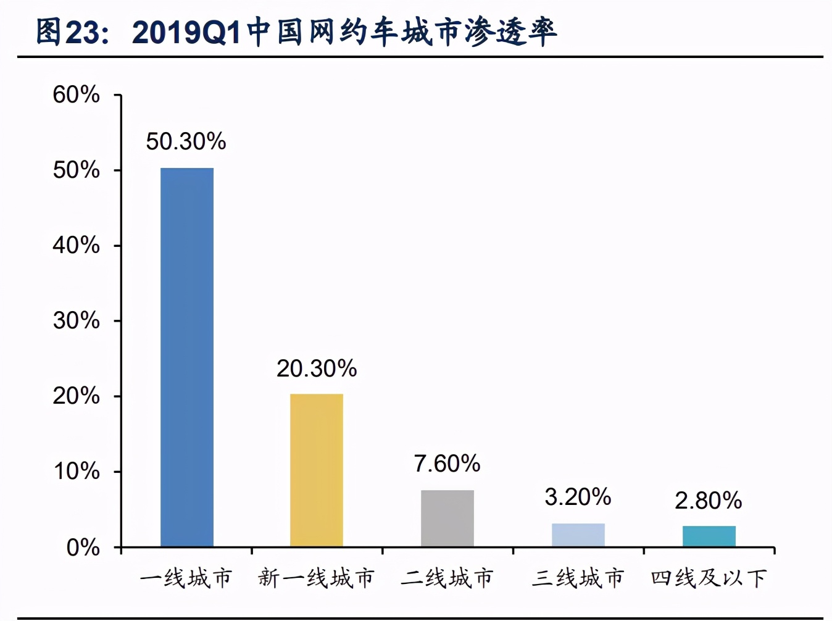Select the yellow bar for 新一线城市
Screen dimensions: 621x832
pyautogui.click(x=317, y=470)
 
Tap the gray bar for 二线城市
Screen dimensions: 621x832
pyautogui.click(x=447, y=518)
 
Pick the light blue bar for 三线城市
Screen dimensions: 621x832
pyautogui.click(x=578, y=535)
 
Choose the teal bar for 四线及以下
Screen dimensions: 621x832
pyautogui.click(x=709, y=536)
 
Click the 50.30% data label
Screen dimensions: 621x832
pyautogui.click(x=186, y=142)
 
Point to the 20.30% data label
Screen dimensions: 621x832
pyautogui.click(x=317, y=369)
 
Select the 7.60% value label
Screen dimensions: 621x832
pyautogui.click(x=447, y=464)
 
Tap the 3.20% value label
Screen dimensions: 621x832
pyautogui.click(x=578, y=497)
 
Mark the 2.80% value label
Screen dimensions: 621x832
pyautogui.click(x=708, y=501)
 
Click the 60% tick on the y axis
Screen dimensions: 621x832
pyautogui.click(x=76, y=95)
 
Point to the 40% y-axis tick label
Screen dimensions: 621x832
pyautogui.click(x=76, y=246)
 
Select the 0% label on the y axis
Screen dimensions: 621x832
pyautogui.click(x=83, y=548)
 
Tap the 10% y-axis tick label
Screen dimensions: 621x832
pyautogui.click(x=76, y=472)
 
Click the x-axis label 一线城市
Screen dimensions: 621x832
pyautogui.click(x=186, y=578)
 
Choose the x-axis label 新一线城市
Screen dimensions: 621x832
pyautogui.click(x=317, y=578)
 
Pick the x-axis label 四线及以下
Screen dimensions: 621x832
pyautogui.click(x=709, y=578)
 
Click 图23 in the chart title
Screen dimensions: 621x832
pyautogui.click(x=67, y=32)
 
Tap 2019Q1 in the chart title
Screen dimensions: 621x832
pyautogui.click(x=186, y=32)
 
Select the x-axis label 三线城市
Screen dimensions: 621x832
pyautogui.click(x=578, y=578)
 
